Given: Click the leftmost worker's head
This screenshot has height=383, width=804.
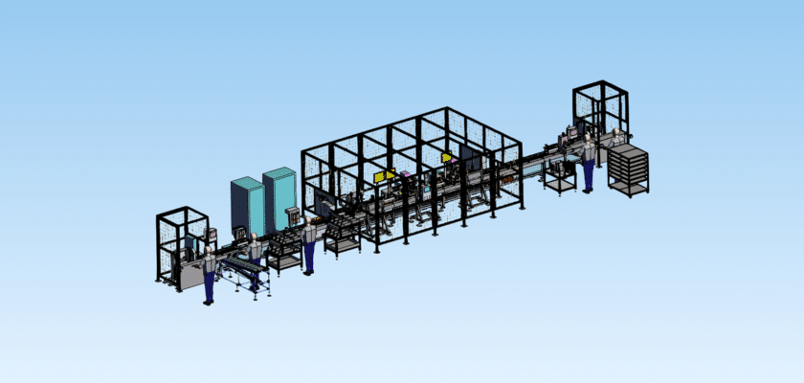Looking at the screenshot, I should pos(209,251).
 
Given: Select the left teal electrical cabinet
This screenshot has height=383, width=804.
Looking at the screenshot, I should pos(246,206).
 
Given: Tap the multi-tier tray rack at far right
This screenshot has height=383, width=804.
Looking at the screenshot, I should pos(628,170).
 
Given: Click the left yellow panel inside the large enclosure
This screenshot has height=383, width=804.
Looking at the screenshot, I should pos(384,176).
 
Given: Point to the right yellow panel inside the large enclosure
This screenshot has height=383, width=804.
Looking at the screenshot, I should pos(446,158).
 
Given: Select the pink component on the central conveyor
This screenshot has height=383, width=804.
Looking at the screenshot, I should pos(406,175).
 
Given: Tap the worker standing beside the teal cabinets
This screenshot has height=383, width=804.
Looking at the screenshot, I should pos(309,245).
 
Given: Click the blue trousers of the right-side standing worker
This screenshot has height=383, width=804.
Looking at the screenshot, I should pos(588,176).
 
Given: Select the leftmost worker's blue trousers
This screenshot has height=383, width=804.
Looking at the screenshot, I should pos(209,286).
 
